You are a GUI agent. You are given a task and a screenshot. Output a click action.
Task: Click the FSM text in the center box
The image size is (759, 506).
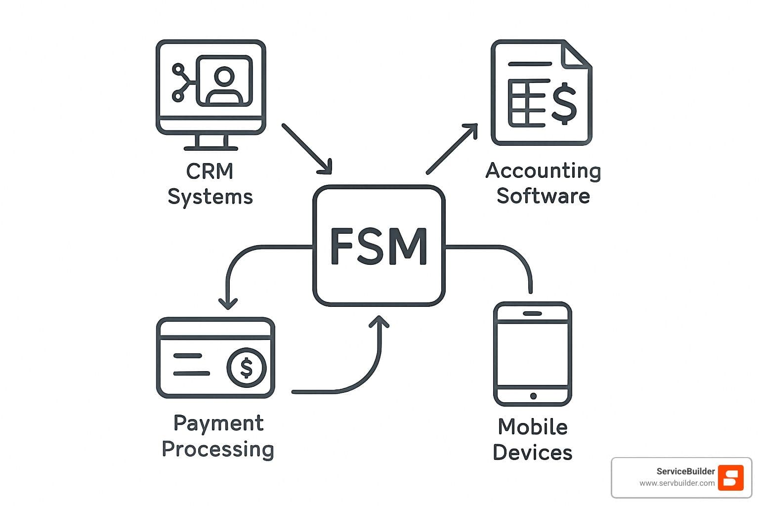click(379, 246)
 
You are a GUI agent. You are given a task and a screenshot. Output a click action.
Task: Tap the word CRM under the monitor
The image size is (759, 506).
click(210, 171)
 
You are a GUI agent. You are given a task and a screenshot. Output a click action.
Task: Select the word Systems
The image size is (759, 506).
click(210, 197)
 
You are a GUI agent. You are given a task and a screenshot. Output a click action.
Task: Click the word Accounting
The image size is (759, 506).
click(543, 171)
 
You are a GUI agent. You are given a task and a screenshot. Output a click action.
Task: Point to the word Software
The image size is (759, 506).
click(543, 196)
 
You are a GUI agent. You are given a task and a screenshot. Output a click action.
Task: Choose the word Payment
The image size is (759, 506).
click(218, 423)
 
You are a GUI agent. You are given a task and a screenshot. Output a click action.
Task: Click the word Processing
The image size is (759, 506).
click(218, 449)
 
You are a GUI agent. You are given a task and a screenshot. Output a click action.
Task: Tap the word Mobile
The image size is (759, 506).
click(533, 427)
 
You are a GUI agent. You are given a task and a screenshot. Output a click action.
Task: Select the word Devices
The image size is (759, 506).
click(533, 453)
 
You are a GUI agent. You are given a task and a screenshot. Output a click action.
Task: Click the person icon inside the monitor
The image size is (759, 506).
click(224, 85)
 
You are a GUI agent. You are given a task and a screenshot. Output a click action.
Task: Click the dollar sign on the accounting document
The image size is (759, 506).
click(564, 103)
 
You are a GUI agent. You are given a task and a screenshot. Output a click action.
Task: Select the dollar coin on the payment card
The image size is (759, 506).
click(246, 368)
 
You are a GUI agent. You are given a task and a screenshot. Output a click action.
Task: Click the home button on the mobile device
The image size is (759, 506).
click(533, 396)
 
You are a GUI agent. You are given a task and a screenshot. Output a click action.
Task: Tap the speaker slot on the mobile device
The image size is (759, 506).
click(532, 314)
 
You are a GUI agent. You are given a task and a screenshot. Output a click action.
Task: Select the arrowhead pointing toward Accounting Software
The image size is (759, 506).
click(471, 129)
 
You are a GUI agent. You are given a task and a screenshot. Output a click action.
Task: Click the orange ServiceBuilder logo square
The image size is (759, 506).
click(730, 477)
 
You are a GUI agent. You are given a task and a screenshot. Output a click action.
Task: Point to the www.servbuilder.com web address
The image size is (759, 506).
click(676, 483)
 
